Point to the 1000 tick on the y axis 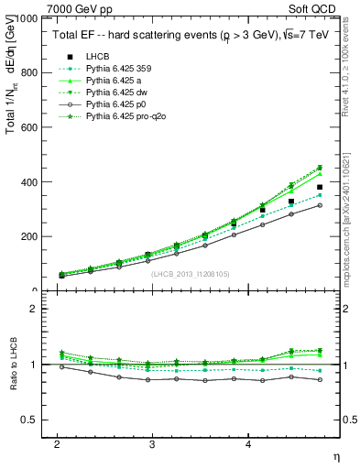(27, 18)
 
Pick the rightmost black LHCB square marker (320, 187)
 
